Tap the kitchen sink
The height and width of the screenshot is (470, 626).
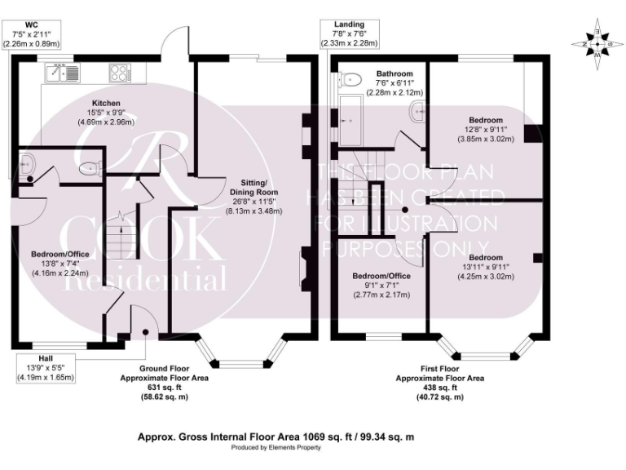tap(64, 73)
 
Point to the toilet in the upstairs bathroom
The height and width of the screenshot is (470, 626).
tap(353, 79)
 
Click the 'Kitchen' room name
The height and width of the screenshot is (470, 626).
tap(106, 104)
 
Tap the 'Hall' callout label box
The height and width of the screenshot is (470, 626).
tap(45, 368)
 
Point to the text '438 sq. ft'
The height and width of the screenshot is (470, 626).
tap(439, 388)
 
